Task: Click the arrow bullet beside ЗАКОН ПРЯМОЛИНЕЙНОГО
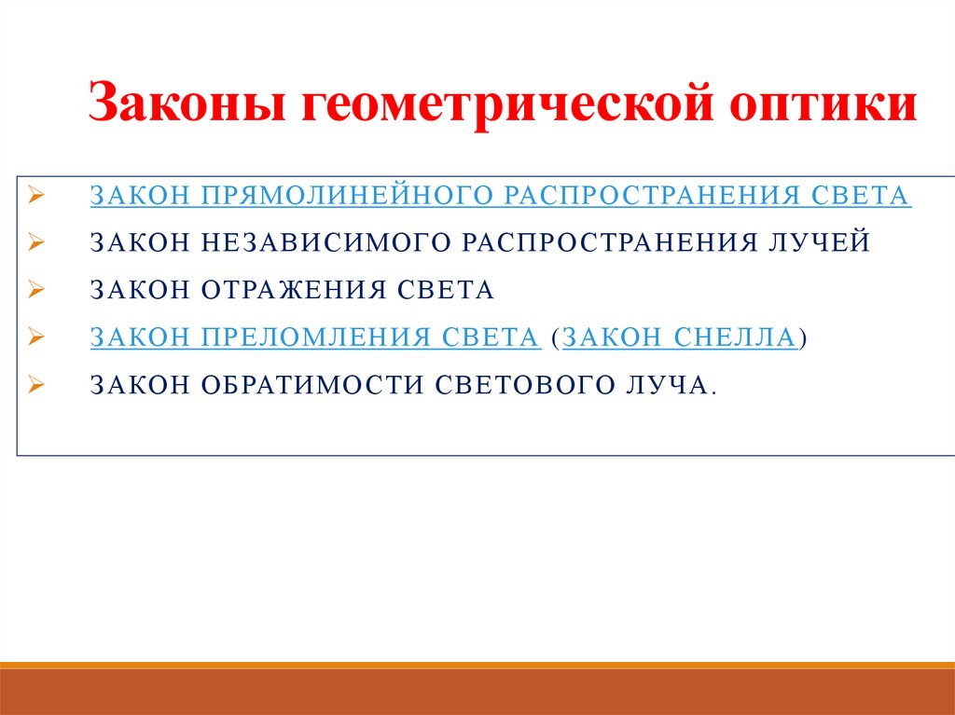35,196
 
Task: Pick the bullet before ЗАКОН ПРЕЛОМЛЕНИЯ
35,338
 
